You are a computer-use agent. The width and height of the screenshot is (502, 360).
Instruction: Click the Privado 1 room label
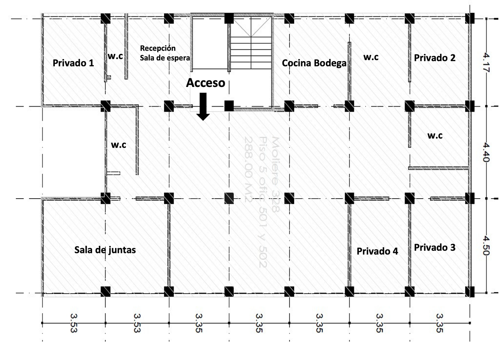[73, 63]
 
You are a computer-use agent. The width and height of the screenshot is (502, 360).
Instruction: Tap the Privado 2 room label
[435, 58]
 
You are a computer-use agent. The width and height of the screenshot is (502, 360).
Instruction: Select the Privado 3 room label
[435, 248]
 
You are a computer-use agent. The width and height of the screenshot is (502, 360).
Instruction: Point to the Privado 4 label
[377, 251]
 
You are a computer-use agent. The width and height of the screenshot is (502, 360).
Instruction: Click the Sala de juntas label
[105, 250]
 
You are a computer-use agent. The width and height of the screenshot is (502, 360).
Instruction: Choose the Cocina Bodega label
[314, 63]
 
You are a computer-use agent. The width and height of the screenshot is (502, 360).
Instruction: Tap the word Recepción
[158, 49]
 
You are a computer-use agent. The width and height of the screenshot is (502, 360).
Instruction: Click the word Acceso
[205, 83]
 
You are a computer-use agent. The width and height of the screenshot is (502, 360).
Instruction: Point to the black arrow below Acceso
[203, 107]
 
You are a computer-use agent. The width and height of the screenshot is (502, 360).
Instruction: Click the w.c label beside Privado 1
[115, 56]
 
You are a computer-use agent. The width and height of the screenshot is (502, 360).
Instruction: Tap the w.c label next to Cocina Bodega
[371, 57]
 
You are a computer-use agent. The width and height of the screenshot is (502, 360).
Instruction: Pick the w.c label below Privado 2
[435, 135]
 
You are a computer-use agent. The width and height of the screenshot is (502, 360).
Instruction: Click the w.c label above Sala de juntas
[118, 145]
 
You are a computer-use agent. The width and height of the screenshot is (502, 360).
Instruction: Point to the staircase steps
[251, 53]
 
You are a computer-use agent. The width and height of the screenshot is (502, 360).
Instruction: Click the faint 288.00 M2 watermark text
[248, 170]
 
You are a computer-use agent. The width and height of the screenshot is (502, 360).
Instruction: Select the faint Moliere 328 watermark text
[276, 174]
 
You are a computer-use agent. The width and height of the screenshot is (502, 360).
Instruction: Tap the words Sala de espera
[165, 58]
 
